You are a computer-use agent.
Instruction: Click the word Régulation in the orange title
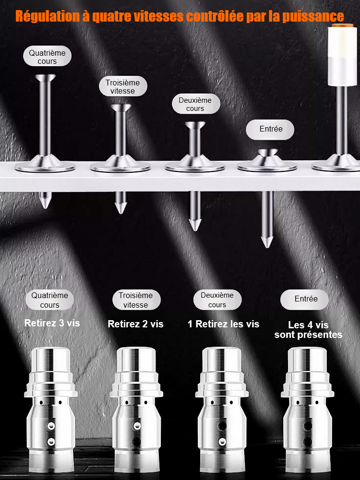click(48, 16)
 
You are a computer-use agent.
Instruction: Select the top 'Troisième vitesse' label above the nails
click(123, 86)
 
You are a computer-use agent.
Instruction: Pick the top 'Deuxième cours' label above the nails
click(196, 104)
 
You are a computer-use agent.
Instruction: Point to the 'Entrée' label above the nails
click(270, 130)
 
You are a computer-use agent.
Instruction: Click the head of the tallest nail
click(45, 77)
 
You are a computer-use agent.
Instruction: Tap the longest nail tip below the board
click(267, 242)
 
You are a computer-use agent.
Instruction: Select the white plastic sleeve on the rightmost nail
click(343, 55)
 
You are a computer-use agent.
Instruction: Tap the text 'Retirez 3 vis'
click(52, 323)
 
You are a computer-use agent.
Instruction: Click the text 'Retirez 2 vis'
click(136, 324)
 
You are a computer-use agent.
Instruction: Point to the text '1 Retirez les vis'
click(224, 324)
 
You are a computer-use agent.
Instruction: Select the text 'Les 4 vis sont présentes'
click(308, 330)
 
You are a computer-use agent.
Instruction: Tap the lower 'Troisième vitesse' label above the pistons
click(136, 300)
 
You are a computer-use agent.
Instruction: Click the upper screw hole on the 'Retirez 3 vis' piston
click(51, 425)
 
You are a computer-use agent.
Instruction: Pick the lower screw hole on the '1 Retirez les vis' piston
click(222, 442)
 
